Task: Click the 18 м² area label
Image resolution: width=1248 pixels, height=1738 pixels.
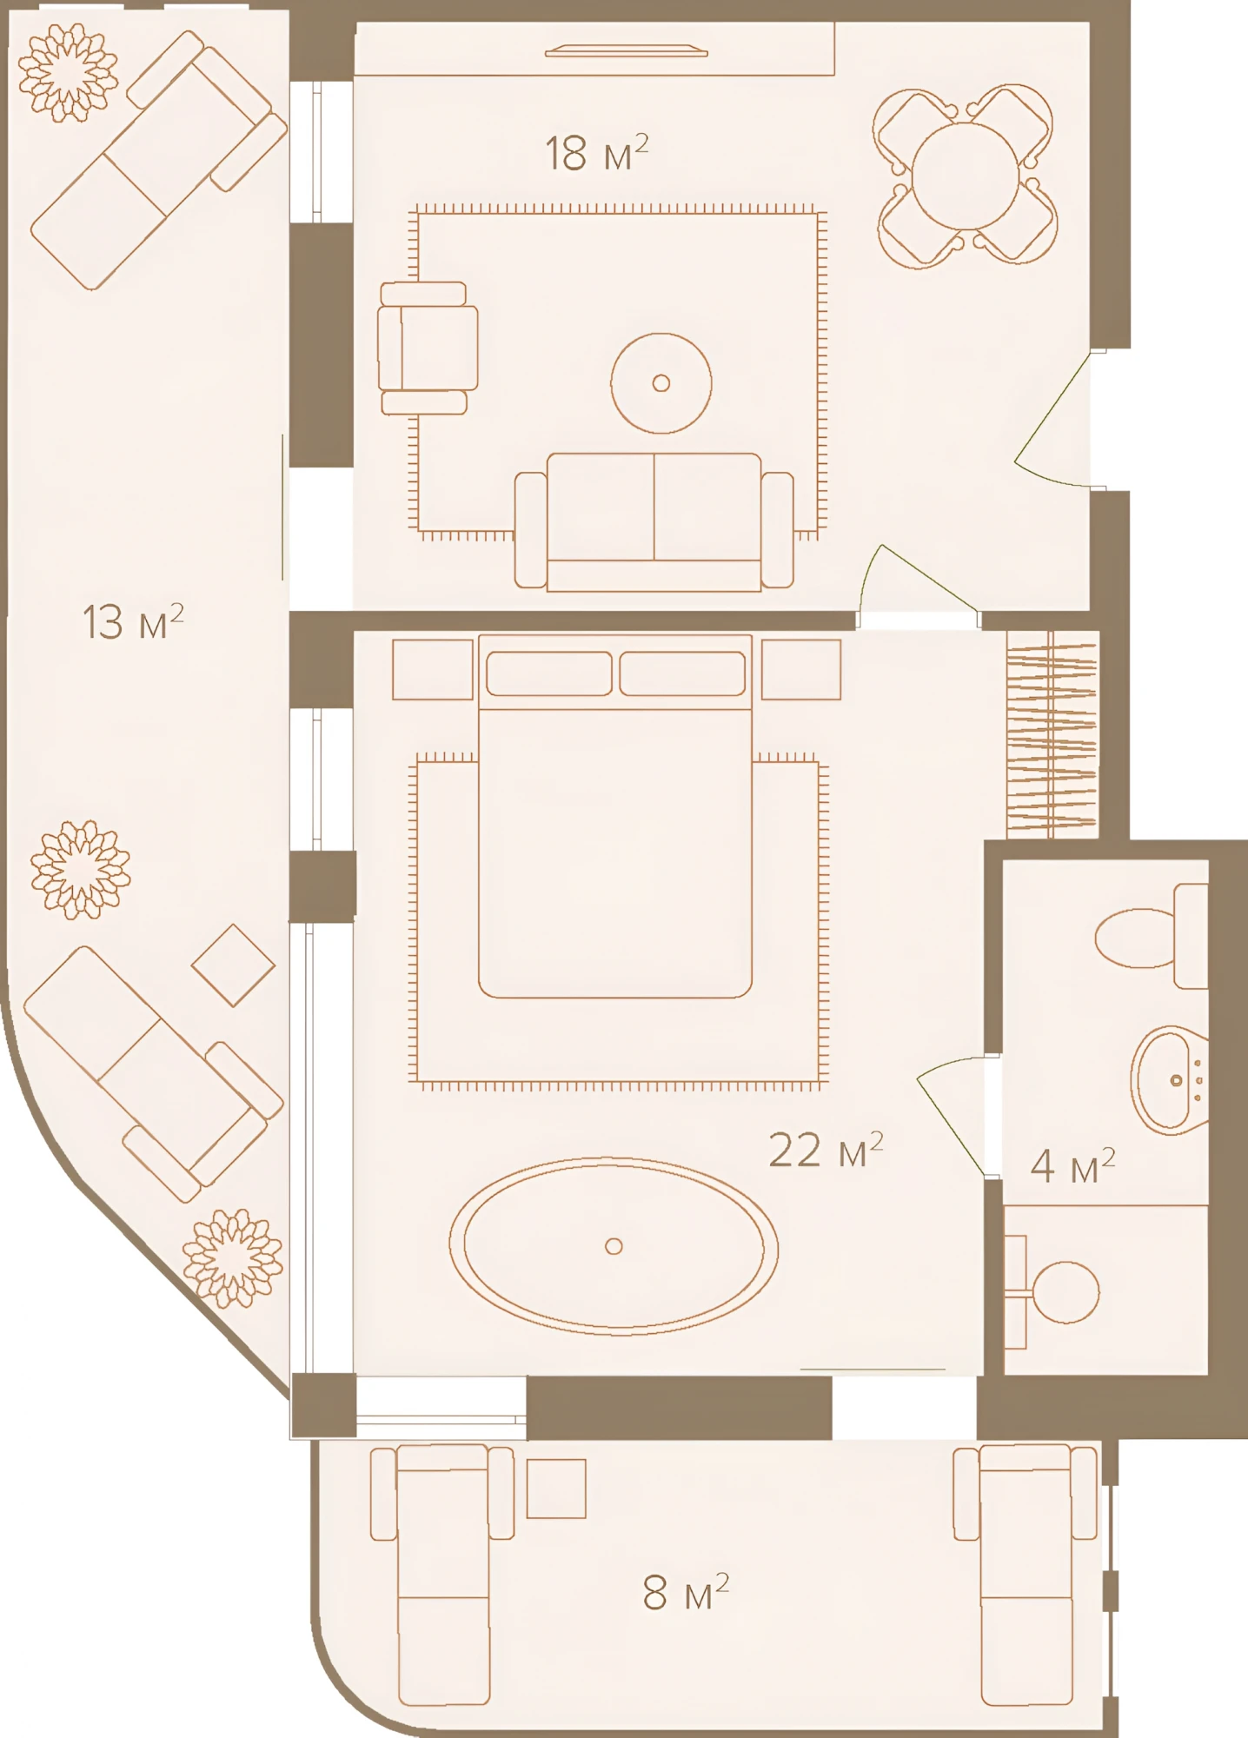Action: coord(596,154)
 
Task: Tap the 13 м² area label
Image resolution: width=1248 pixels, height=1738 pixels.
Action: coord(133,621)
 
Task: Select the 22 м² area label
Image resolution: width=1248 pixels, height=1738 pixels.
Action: coord(826,1150)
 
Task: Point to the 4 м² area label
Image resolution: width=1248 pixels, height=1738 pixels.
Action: coord(1072,1165)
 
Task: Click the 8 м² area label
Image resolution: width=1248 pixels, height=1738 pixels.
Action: coord(686,1592)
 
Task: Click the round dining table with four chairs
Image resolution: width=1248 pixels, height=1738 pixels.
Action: coord(965,176)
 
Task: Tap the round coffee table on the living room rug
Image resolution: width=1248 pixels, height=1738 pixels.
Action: coord(661,382)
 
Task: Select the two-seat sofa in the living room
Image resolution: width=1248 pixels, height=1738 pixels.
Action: coord(654,521)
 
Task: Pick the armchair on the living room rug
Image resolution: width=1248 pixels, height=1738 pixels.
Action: coord(428,348)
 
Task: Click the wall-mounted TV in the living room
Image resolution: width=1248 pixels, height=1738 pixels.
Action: coord(626,51)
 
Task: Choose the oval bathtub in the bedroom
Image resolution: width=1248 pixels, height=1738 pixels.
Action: coord(614,1245)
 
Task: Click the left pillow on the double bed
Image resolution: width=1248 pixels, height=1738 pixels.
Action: coord(548,673)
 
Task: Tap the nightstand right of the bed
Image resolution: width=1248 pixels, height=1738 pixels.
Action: coord(800,669)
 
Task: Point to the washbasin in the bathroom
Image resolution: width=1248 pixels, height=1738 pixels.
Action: coord(1170,1080)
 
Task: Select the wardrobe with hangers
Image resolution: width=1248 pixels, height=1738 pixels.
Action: coord(1052,734)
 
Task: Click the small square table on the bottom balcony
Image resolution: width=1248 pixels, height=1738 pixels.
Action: coord(556,1488)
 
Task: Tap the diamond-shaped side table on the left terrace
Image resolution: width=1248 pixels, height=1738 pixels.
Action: coord(233,965)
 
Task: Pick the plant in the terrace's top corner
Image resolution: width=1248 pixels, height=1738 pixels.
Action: coord(68,73)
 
